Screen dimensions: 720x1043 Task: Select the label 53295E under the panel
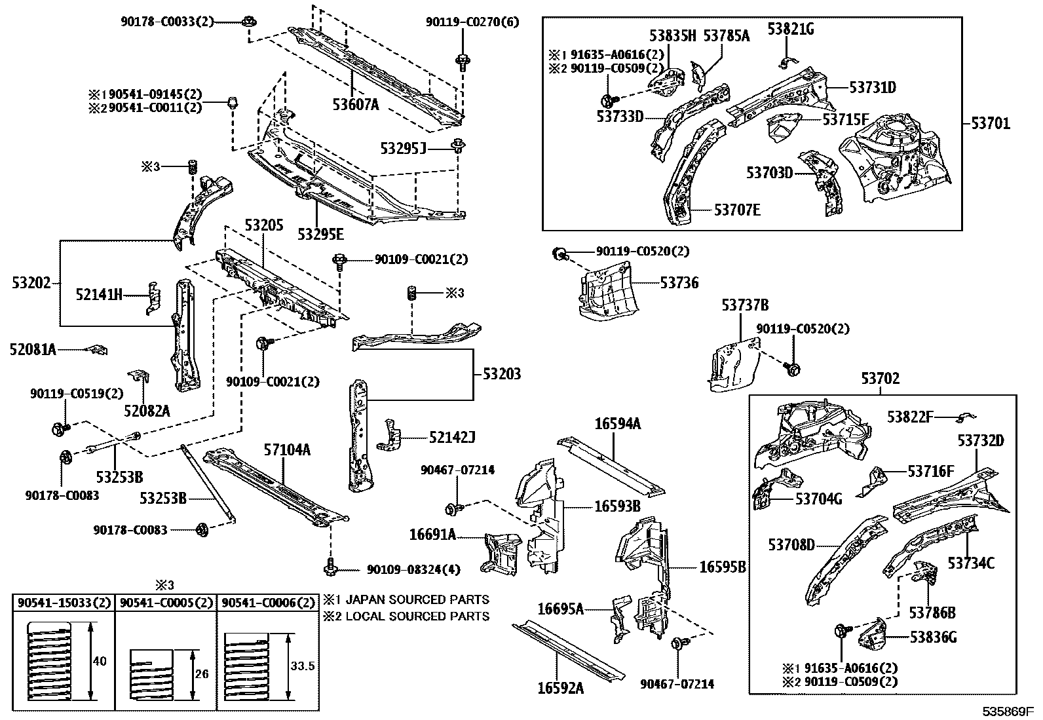(x=320, y=234)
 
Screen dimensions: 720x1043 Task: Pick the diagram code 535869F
(x=1006, y=711)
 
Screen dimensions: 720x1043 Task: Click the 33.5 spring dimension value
(x=302, y=666)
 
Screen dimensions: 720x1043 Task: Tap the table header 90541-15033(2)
(x=64, y=603)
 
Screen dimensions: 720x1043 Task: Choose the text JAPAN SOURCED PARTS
(x=417, y=599)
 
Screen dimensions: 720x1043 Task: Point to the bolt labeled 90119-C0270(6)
(x=461, y=62)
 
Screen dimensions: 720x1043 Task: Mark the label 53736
(x=679, y=283)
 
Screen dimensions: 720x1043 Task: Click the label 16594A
(x=617, y=424)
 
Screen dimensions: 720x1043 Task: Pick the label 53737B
(x=745, y=305)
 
